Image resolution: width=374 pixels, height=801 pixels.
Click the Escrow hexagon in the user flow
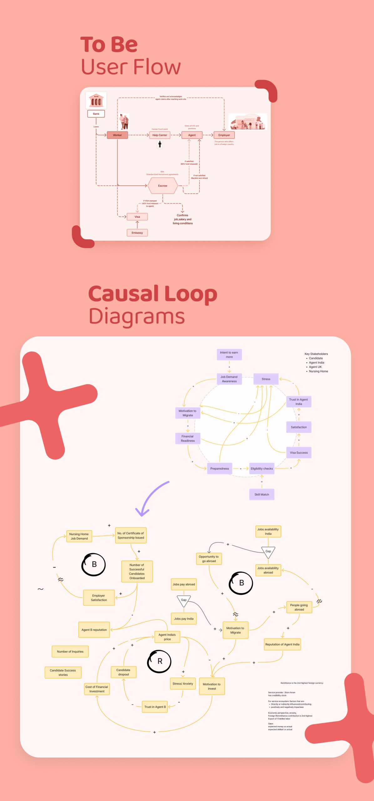pos(162,186)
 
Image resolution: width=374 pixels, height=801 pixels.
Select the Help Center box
pos(160,135)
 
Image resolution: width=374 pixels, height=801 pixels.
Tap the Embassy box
pos(137,233)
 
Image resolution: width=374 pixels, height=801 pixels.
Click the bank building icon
pos(96,100)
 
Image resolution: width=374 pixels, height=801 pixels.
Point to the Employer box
pos(224,135)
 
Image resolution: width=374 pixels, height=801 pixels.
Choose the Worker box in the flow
pos(117,135)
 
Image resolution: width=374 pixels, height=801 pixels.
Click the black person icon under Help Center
pos(160,144)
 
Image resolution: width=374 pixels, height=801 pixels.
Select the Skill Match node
pos(262,494)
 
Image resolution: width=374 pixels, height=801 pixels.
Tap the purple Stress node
pos(266,379)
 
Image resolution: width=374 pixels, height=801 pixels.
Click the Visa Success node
pos(299,452)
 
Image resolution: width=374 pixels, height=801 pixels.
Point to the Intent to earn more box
pos(229,355)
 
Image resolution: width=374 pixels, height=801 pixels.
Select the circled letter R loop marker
pos(159,661)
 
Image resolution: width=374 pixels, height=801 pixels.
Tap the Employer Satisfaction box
pos(99,598)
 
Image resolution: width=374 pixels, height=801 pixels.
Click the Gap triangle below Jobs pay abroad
pos(184,600)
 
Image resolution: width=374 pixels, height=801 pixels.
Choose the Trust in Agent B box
pos(155,707)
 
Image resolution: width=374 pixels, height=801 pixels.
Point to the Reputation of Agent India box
pos(282,644)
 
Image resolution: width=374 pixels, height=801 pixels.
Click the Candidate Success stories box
pos(63,672)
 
